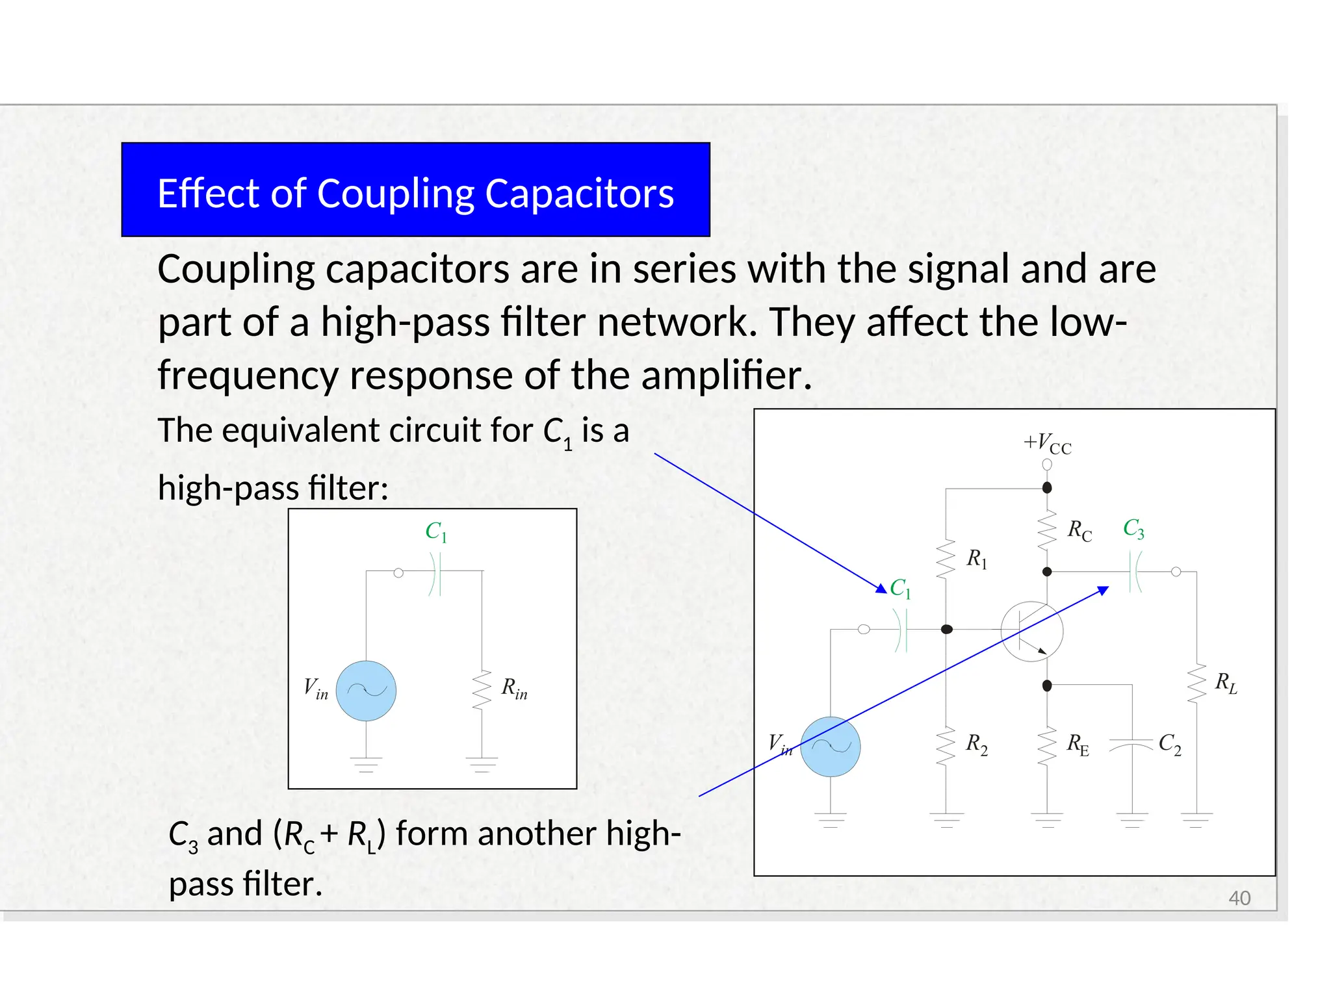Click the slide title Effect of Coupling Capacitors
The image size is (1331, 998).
(415, 193)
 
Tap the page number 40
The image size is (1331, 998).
(1239, 898)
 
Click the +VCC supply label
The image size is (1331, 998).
(1047, 444)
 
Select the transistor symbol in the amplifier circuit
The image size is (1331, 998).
(1031, 631)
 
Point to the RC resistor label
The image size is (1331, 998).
(1079, 531)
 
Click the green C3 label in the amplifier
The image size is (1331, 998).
(1133, 529)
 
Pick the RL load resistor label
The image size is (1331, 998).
(1226, 683)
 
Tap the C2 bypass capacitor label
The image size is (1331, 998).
(1169, 743)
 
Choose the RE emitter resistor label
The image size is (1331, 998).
(1078, 744)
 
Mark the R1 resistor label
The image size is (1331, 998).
(976, 558)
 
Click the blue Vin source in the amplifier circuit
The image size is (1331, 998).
(830, 747)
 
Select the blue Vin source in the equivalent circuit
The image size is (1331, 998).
(366, 691)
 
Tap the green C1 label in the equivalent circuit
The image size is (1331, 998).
(436, 531)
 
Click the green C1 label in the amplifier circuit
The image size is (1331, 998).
(900, 588)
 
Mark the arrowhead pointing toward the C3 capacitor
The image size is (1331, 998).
(1103, 590)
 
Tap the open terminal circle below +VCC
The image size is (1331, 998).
(1047, 465)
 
